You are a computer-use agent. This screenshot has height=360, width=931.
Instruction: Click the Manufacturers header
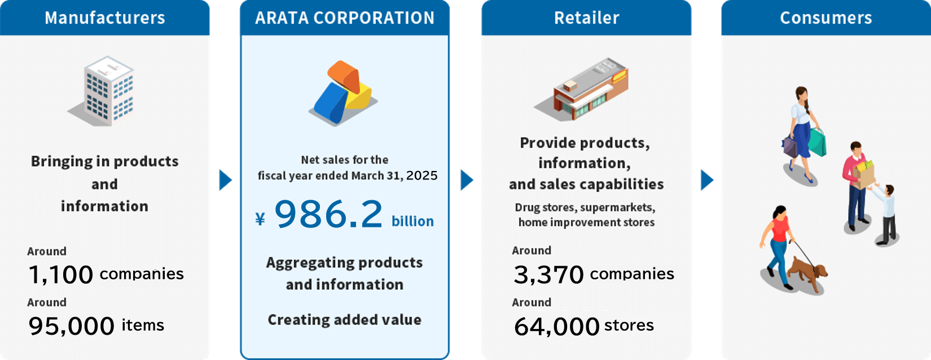pyautogui.click(x=105, y=18)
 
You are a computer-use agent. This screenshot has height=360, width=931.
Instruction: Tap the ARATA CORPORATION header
pyautogui.click(x=345, y=18)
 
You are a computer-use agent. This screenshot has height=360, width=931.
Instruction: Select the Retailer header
pyautogui.click(x=586, y=18)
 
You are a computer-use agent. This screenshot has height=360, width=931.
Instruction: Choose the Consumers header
pyautogui.click(x=825, y=18)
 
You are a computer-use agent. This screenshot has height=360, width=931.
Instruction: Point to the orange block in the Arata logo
pyautogui.click(x=344, y=76)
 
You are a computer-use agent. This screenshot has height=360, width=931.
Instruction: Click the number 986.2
pyautogui.click(x=328, y=215)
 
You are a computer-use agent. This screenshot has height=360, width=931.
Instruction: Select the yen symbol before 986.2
pyautogui.click(x=260, y=219)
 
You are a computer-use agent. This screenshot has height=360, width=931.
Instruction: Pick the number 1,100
pyautogui.click(x=60, y=275)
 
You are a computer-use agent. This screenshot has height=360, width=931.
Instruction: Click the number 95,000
pyautogui.click(x=71, y=326)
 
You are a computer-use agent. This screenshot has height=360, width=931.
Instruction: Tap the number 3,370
pyautogui.click(x=548, y=275)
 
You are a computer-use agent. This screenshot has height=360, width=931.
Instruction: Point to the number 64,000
pyautogui.click(x=556, y=326)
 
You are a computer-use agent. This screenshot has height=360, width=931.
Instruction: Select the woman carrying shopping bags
pyautogui.click(x=803, y=133)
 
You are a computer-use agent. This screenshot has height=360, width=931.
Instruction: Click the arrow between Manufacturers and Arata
pyautogui.click(x=225, y=180)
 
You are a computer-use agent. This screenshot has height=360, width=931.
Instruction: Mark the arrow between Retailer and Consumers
pyautogui.click(x=706, y=180)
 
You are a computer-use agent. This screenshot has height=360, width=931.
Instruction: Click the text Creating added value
pyautogui.click(x=344, y=320)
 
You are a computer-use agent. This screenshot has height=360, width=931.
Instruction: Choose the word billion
pyautogui.click(x=412, y=221)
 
